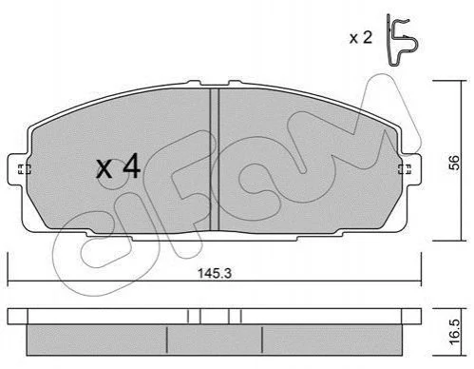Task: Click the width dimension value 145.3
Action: [215, 273]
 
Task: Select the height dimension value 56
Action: [455, 163]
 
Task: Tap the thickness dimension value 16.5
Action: [455, 332]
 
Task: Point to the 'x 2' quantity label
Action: [361, 38]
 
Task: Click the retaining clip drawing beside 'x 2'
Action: [401, 41]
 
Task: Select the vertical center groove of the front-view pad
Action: [215, 160]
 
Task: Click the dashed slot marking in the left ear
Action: [24, 169]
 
